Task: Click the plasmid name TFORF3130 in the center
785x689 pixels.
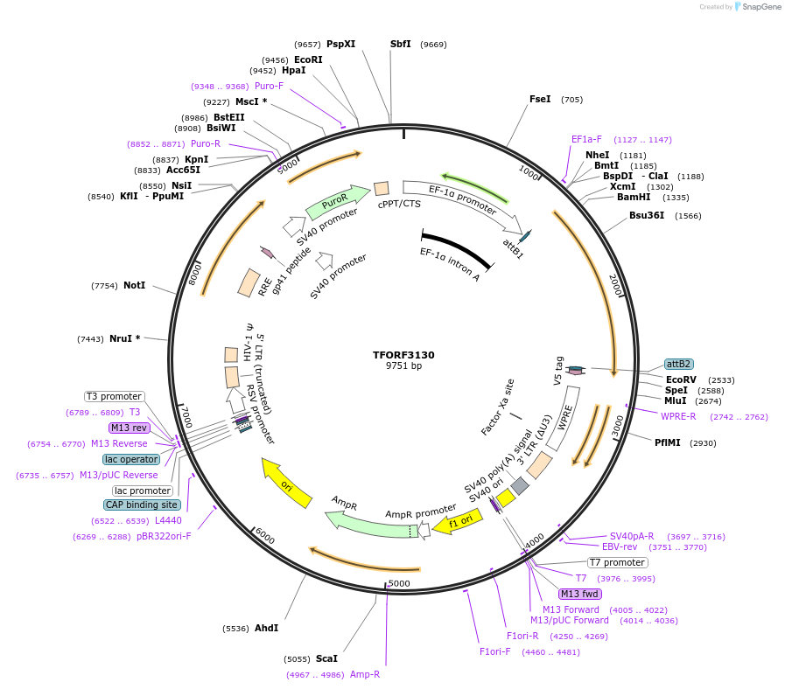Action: [x=403, y=355]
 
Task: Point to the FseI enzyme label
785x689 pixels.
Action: [x=540, y=99]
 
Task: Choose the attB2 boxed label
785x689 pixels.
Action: [x=679, y=364]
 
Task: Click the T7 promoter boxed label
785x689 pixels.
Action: [x=617, y=562]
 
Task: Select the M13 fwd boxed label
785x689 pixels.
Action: [x=580, y=594]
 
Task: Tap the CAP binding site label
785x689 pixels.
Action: [x=143, y=505]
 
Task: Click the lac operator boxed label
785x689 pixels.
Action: [x=131, y=459]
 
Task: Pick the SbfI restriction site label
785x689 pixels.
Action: [x=400, y=44]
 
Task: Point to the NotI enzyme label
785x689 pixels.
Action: [x=134, y=285]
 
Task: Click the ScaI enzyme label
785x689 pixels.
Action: [x=326, y=658]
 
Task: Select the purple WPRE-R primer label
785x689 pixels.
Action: [x=678, y=416]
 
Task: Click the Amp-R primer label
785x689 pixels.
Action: [x=365, y=674]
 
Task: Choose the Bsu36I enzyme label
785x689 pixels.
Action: [x=647, y=215]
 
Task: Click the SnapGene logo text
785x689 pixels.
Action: [x=760, y=7]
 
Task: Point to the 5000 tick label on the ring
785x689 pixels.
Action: [x=398, y=583]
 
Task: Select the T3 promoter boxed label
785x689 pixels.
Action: [x=114, y=396]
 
